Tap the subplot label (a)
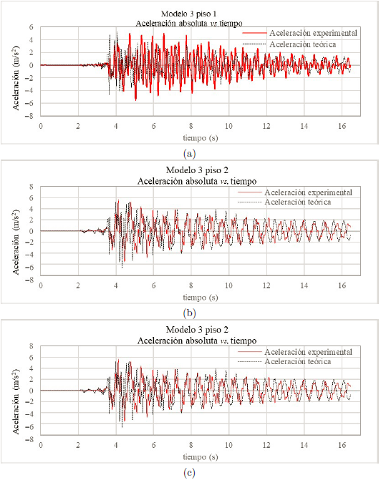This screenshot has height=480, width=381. pos(189,153)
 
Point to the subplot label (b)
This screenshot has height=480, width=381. pos(189,313)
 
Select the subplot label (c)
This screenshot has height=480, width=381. pos(189,472)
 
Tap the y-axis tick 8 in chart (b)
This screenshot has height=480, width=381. pos(32,187)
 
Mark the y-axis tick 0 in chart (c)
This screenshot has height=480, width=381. pos(32,391)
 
